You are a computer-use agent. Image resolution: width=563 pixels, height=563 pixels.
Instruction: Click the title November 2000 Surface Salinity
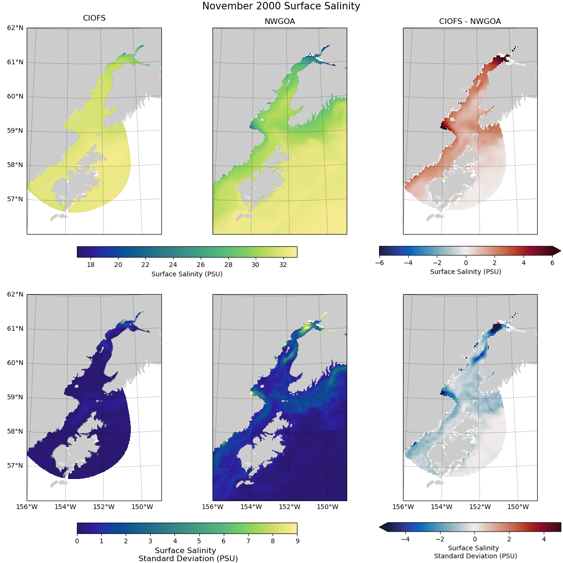coord(281,6)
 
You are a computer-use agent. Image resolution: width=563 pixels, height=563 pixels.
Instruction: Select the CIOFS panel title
coord(94,18)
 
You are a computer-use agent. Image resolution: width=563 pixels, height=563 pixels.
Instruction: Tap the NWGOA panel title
coord(280,21)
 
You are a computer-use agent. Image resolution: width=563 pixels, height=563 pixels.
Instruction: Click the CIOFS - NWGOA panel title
coord(470,21)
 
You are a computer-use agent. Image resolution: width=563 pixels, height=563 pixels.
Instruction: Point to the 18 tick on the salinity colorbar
coord(91,265)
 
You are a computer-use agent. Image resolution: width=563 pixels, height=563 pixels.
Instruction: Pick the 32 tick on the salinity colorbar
coord(283,265)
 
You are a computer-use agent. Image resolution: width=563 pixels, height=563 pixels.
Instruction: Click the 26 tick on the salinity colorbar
coord(200,265)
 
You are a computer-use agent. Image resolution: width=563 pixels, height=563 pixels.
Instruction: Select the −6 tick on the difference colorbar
coord(380,263)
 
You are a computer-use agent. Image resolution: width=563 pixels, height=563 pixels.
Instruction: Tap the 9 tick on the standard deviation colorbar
coord(297,541)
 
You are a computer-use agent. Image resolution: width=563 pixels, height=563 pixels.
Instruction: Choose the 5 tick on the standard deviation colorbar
coord(199,541)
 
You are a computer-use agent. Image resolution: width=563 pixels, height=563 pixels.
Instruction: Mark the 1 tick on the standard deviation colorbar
coord(101,541)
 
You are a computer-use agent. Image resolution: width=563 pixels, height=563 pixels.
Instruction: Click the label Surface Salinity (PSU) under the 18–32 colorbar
coord(187,274)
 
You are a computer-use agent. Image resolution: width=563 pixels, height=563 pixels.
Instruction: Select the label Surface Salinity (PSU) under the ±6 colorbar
coord(465,272)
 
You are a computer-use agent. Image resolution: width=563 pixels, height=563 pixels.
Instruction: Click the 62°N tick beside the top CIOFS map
coord(15,28)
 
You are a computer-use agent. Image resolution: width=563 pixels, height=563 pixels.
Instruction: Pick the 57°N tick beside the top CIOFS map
coord(15,199)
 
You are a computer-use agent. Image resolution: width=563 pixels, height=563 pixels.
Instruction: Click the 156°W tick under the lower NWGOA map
coord(212,507)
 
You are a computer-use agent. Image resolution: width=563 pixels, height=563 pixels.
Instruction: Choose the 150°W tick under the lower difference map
coord(518,507)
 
